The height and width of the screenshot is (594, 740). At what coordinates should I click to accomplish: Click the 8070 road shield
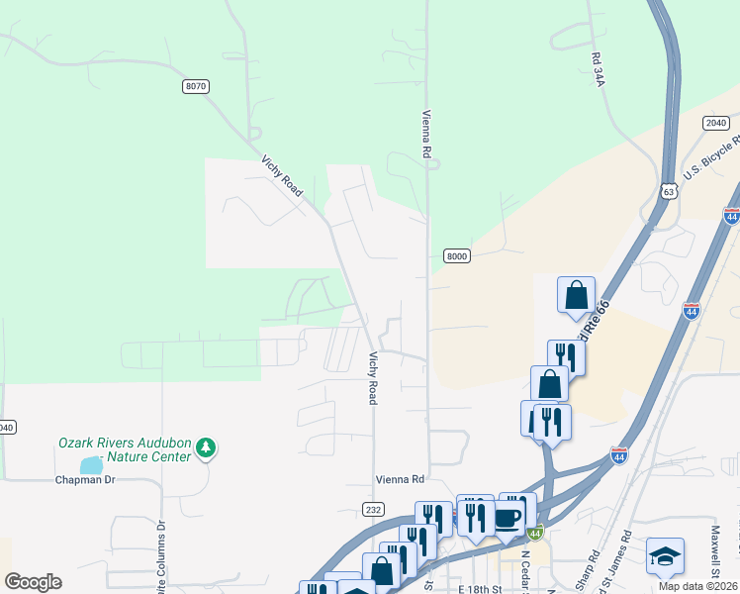point(196,87)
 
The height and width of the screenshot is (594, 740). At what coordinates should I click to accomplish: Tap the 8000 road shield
point(455,255)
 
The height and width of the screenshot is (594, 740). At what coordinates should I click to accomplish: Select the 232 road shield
point(372,509)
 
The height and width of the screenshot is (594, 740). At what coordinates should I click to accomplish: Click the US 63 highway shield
point(669,190)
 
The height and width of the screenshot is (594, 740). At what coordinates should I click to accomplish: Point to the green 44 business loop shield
point(534,533)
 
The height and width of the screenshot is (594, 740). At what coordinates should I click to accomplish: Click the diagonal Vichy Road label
point(282,175)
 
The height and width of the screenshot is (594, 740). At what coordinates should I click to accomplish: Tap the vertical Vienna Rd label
point(428,136)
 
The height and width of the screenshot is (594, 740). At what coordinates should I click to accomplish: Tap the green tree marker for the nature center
point(206,447)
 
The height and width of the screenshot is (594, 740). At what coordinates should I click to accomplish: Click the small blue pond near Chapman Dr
point(91,464)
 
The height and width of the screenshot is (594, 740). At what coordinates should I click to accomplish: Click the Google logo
point(33,582)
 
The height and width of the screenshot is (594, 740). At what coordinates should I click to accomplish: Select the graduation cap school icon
point(665,556)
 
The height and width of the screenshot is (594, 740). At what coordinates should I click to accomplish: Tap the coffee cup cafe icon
point(509,518)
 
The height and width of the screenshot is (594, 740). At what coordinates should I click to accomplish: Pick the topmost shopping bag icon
point(576,295)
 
